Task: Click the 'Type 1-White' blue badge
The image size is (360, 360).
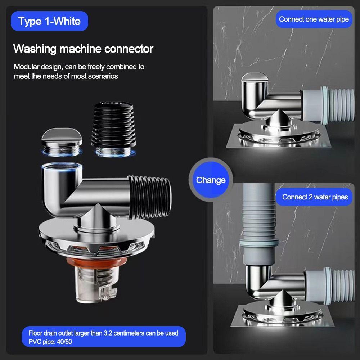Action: coord(49,21)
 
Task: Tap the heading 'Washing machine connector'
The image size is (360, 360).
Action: coord(83,49)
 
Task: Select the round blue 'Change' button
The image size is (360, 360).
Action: coord(211,180)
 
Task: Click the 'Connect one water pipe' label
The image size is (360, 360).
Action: coord(314,19)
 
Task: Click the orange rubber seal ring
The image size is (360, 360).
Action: coord(96,262)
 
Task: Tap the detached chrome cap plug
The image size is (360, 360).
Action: coord(62,142)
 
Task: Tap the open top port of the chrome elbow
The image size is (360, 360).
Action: coord(62,166)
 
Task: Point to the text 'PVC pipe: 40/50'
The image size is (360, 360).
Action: coord(50,342)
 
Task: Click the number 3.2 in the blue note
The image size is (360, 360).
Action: coord(108,333)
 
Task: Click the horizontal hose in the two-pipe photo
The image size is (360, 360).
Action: coord(330,285)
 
